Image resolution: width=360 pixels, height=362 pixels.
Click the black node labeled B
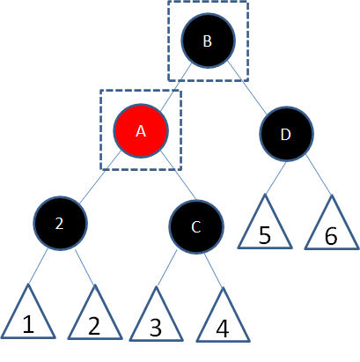point(208,41)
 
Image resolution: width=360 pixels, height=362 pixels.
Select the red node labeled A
point(141,130)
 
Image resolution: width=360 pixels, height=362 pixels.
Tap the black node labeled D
point(286,134)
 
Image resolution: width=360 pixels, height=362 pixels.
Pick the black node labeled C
point(196,226)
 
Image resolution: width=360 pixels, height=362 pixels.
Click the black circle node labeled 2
point(60,223)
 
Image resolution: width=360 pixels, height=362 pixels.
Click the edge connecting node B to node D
point(247,88)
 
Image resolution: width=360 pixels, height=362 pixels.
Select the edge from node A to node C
point(179,176)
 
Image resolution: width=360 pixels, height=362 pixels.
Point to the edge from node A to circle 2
point(99,177)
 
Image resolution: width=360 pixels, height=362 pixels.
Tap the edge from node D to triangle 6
point(320,174)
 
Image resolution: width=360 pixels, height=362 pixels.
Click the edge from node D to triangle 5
point(276,178)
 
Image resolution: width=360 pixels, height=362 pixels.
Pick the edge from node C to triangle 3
point(167,268)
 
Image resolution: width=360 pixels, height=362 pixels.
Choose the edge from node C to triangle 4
point(214,270)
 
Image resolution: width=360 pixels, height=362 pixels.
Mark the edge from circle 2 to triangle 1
point(38,266)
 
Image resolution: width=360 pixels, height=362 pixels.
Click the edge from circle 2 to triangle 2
point(85,267)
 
